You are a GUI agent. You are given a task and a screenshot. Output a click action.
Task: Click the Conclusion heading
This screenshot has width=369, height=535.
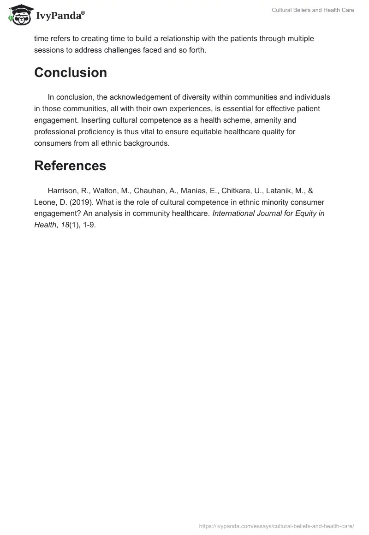click(71, 73)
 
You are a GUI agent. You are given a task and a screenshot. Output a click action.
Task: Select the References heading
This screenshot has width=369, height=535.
click(70, 166)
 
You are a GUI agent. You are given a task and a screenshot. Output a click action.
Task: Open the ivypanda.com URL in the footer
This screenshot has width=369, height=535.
click(276, 525)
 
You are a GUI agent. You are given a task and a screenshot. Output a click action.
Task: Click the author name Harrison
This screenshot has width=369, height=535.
click(63, 191)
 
